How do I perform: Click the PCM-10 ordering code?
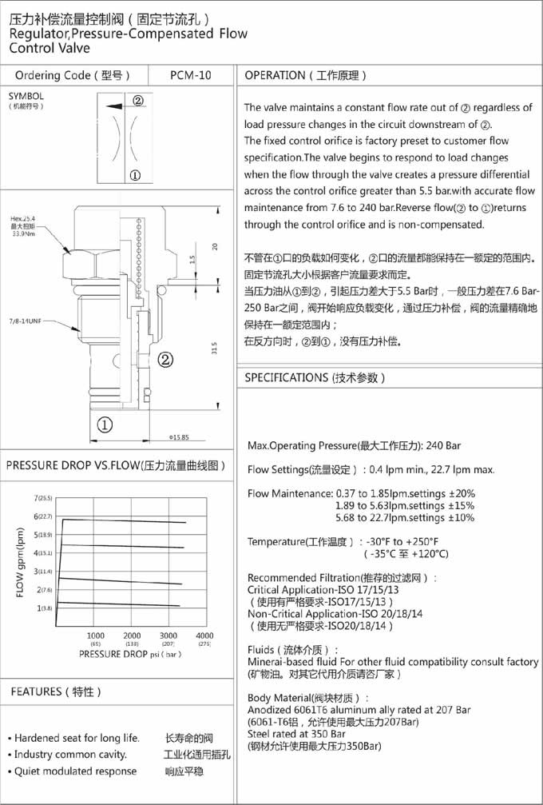[191, 76]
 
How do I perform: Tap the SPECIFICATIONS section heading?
[315, 377]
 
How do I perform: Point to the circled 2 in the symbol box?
[137, 102]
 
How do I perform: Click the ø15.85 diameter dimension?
[178, 437]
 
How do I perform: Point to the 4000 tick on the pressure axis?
[204, 635]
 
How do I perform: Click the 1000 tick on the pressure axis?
[96, 635]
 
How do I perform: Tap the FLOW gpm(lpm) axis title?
[21, 560]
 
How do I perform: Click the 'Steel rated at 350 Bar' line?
[296, 733]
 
